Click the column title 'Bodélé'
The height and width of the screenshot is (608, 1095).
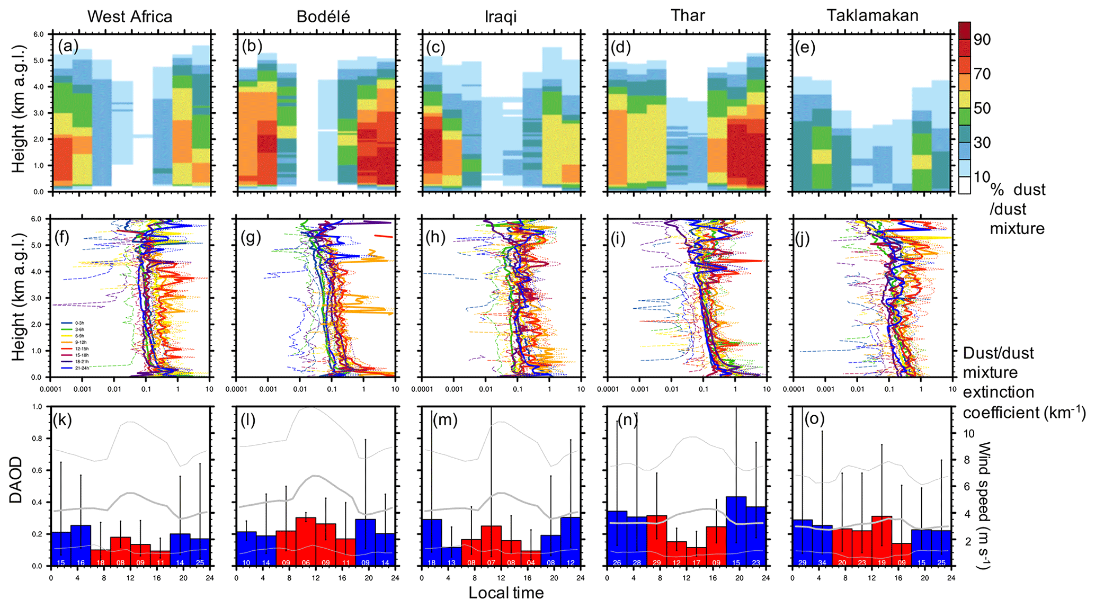323,16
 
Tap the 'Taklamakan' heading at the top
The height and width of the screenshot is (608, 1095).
873,15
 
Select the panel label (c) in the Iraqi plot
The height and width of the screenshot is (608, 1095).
435,47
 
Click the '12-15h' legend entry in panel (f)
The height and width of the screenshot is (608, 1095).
79,348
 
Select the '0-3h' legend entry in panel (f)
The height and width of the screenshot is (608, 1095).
79,323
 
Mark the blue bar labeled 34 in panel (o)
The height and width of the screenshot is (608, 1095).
822,546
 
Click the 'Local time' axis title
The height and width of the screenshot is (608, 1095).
506,593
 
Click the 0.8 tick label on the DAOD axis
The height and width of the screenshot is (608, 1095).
37,439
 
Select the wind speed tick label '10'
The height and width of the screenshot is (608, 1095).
968,434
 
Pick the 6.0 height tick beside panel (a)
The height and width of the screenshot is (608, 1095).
39,34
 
